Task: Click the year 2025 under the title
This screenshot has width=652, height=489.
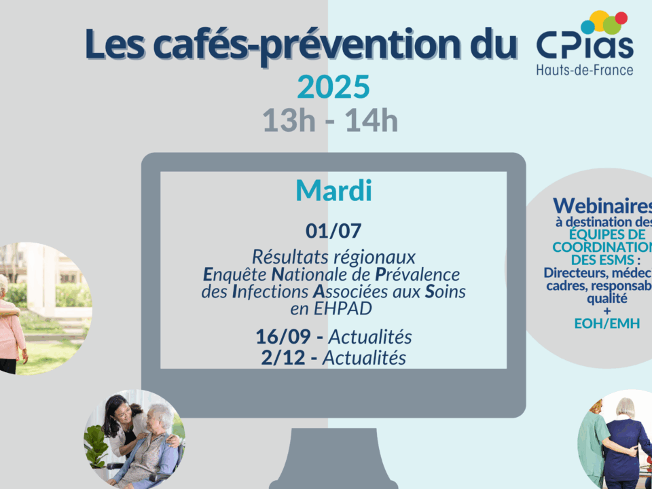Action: pyautogui.click(x=333, y=87)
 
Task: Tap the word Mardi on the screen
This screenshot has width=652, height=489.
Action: pyautogui.click(x=333, y=191)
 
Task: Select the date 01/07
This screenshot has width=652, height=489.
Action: pyautogui.click(x=333, y=231)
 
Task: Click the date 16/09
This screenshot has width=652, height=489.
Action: pyautogui.click(x=283, y=337)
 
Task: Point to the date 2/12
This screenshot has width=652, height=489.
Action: pyautogui.click(x=283, y=358)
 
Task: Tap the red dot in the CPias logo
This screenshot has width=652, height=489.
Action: pyautogui.click(x=621, y=18)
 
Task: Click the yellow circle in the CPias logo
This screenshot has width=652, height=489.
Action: pyautogui.click(x=599, y=20)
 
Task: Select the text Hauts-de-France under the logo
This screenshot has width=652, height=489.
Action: pyautogui.click(x=585, y=69)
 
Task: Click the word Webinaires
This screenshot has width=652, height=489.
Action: pyautogui.click(x=602, y=205)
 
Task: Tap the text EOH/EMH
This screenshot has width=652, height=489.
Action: pyautogui.click(x=607, y=323)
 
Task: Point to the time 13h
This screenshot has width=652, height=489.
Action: pyautogui.click(x=289, y=120)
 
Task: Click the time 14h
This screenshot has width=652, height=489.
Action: pyautogui.click(x=372, y=120)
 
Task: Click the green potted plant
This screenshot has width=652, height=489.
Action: pyautogui.click(x=96, y=448)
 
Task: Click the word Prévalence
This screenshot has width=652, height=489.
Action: pyautogui.click(x=418, y=274)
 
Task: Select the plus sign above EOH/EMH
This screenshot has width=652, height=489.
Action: pyautogui.click(x=607, y=310)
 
